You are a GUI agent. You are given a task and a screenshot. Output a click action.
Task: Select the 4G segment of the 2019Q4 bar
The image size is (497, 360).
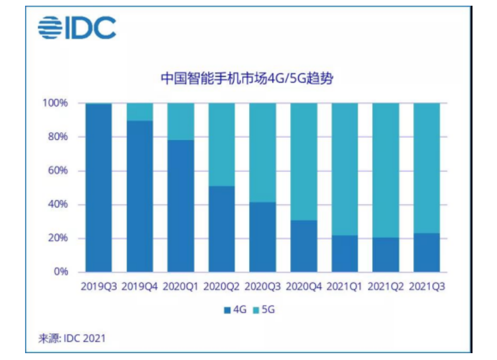coord(140,196)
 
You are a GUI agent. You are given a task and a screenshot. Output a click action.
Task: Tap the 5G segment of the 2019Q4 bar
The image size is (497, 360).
coord(140,112)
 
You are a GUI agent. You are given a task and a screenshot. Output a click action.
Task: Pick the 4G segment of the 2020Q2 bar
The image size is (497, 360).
coord(222,229)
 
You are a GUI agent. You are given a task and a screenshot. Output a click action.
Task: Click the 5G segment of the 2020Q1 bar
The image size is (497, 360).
coord(181,122)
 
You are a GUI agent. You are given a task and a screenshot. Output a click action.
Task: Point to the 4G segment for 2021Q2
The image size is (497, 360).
coord(385,254)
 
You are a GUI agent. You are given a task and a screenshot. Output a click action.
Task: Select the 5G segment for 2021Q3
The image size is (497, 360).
coord(426,168)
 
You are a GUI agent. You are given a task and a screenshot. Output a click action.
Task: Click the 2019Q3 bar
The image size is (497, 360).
coord(99,187)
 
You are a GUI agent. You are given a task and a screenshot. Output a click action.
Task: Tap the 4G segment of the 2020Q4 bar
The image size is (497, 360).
coord(304,246)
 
